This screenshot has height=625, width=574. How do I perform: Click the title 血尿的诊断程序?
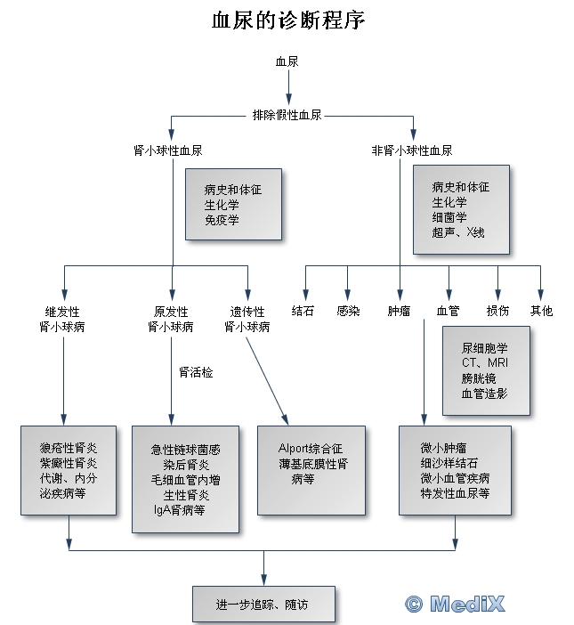[287, 20]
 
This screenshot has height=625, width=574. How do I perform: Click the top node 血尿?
[287, 62]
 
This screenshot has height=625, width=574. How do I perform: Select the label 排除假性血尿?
[287, 116]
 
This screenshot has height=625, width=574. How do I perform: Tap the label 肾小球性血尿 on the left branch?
[174, 150]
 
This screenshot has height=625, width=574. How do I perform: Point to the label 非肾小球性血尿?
[411, 150]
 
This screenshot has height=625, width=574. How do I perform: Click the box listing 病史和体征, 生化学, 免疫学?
[233, 204]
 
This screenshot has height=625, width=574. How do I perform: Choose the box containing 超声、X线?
[461, 209]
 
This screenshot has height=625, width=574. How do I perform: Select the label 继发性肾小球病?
[62, 319]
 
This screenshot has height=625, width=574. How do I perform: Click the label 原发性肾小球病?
[171, 319]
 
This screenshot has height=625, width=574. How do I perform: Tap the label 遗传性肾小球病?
[247, 319]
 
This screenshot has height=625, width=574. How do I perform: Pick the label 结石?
[303, 311]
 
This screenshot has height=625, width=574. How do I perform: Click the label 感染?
[348, 311]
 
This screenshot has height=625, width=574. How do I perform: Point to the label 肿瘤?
[399, 311]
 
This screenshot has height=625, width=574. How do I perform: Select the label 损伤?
[497, 311]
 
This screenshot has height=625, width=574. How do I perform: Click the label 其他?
[541, 311]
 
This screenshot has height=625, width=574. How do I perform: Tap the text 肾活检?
[196, 371]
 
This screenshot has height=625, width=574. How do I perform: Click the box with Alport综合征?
[311, 470]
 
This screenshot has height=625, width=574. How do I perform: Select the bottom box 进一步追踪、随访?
[263, 604]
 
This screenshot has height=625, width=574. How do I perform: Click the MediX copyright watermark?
[455, 604]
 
